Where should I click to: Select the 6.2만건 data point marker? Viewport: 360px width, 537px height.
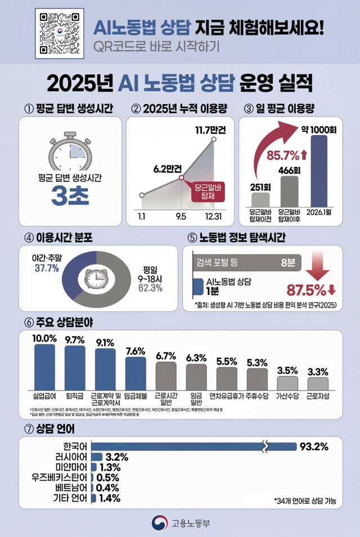[x=181, y=178]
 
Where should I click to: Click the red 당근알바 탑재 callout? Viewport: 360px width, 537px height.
[x=209, y=192]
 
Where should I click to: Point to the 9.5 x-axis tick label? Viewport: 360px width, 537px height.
[x=181, y=216]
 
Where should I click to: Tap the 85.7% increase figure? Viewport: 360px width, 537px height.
[x=283, y=153]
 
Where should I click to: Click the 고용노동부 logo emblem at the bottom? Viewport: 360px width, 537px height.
[x=160, y=522]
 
